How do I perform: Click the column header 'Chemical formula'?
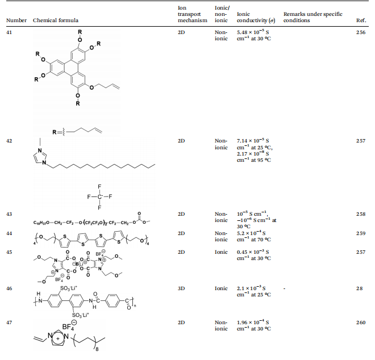[56, 20]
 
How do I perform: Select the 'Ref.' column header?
[361, 20]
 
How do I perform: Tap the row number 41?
[9, 32]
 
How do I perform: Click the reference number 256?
[361, 32]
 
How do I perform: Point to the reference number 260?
[361, 323]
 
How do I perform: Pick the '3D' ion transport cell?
[181, 288]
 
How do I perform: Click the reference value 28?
[359, 288]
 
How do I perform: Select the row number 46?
[9, 288]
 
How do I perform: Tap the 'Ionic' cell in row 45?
[221, 252]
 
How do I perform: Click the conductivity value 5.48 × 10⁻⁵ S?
[253, 32]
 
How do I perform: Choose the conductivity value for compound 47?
[253, 325]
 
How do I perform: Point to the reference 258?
[361, 214]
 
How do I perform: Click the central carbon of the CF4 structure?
[99, 196]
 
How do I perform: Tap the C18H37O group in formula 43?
[41, 223]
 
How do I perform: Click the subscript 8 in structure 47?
[97, 349]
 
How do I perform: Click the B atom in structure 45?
[77, 264]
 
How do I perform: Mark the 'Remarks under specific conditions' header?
[313, 17]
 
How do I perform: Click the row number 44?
[9, 233]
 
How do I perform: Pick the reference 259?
[361, 233]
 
